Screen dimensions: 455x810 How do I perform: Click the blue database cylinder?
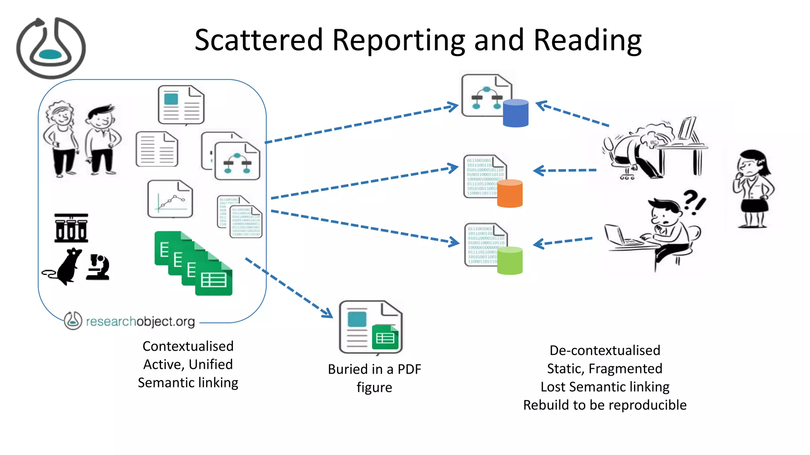[x=515, y=113]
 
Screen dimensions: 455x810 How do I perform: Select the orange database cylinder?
[x=509, y=194]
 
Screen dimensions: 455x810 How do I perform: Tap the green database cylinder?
[x=509, y=261]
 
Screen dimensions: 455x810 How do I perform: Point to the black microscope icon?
[x=98, y=267]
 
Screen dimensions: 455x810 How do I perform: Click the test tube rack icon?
[x=71, y=228]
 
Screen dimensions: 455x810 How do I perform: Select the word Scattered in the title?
[x=259, y=40]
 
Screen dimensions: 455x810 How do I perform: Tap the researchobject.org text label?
[x=140, y=322]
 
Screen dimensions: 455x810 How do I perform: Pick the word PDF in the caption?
[x=409, y=369]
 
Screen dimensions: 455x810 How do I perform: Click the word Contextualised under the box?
[x=188, y=346]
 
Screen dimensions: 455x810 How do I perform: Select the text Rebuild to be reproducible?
[x=604, y=405]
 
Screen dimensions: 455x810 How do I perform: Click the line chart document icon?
[x=170, y=199]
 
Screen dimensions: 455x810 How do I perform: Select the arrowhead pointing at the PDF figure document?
[x=327, y=313]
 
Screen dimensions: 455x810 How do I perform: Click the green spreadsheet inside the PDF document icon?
[x=385, y=338]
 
